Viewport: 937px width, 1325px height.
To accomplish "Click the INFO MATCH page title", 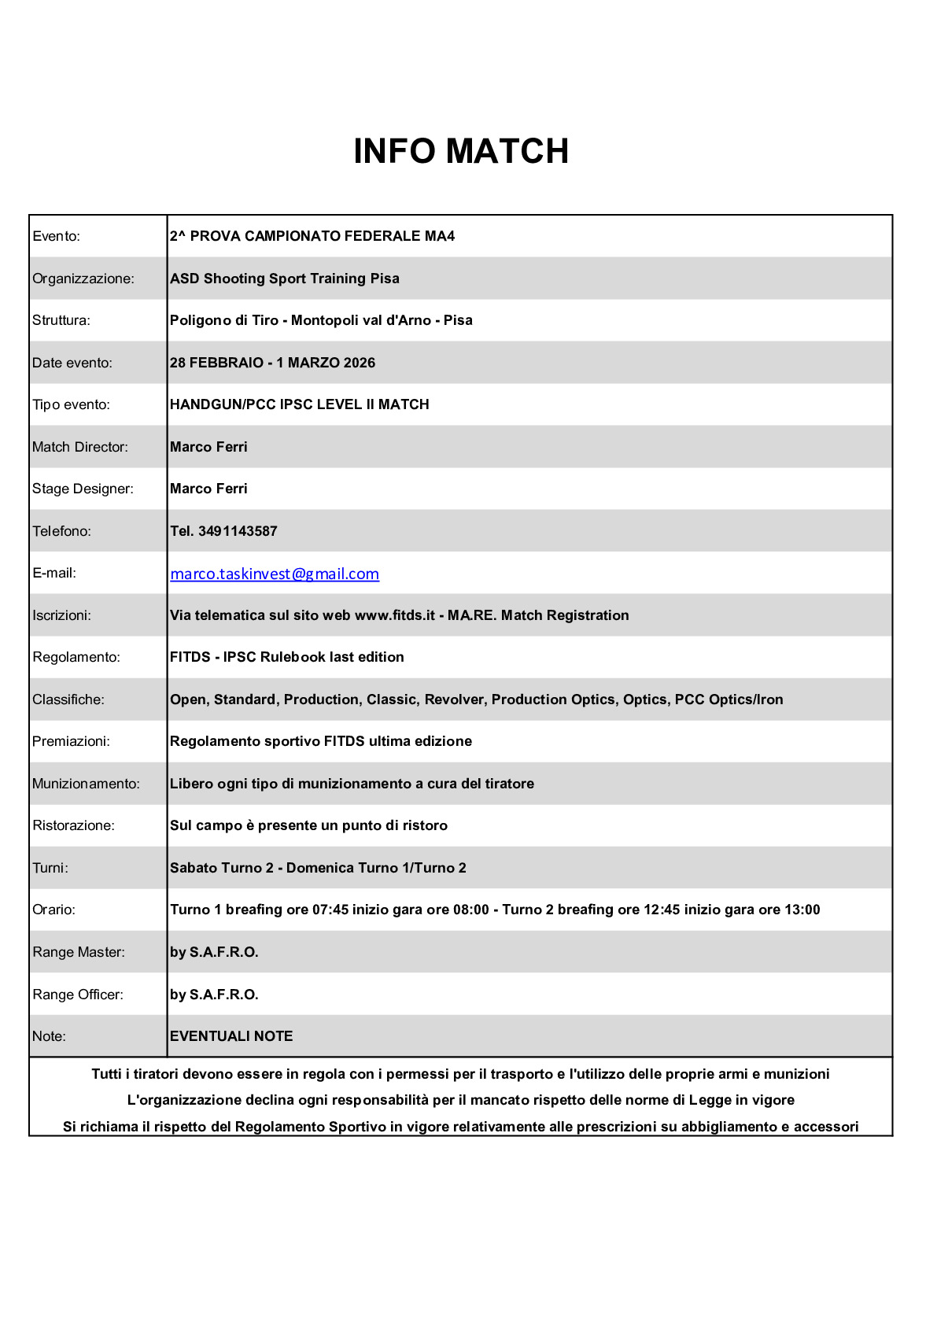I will coord(461,151).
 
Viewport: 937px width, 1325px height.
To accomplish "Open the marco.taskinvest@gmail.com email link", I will coord(275,574).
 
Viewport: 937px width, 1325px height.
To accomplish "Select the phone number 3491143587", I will coord(238,531).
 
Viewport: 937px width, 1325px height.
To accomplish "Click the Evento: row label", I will coord(57,236).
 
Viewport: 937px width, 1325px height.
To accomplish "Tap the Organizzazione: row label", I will coord(83,279).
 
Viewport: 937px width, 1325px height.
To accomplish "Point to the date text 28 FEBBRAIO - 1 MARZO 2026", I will coord(272,363).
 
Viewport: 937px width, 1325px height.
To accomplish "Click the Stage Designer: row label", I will coord(83,489).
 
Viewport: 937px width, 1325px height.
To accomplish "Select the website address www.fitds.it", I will coord(395,615).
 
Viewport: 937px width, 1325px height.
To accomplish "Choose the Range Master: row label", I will coord(79,952).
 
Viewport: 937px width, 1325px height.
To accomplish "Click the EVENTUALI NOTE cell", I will coord(231,1036).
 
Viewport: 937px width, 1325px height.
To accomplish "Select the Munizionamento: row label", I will coord(86,784).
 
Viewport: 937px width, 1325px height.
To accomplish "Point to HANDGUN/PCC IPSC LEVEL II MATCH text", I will coord(300,404).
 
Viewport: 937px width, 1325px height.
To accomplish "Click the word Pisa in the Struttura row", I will coord(458,320).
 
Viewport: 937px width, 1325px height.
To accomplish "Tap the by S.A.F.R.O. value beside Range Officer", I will coord(214,995).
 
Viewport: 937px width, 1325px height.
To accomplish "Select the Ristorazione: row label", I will coord(73,825).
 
